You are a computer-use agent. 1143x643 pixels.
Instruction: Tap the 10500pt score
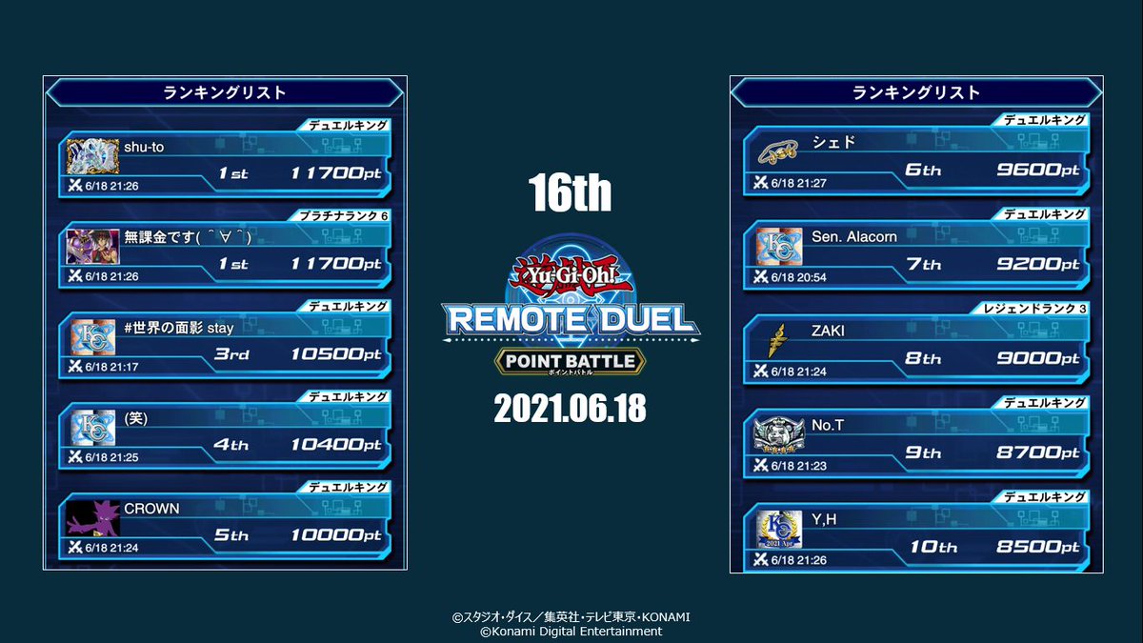click(336, 354)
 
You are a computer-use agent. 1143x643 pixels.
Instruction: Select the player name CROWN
click(151, 509)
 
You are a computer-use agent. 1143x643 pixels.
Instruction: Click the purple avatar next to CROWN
click(92, 518)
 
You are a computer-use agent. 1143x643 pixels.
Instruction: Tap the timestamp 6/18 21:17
click(111, 367)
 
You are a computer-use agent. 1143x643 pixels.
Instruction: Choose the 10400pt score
click(336, 445)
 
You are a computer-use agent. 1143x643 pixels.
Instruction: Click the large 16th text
click(571, 194)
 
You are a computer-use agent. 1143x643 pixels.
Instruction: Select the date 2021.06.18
click(571, 409)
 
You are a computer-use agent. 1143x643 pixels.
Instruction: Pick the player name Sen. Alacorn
click(854, 236)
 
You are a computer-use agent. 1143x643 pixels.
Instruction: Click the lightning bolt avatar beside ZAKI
click(777, 340)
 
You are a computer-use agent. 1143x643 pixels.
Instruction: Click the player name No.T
click(828, 425)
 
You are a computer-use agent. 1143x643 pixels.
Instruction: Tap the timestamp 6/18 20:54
click(799, 276)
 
